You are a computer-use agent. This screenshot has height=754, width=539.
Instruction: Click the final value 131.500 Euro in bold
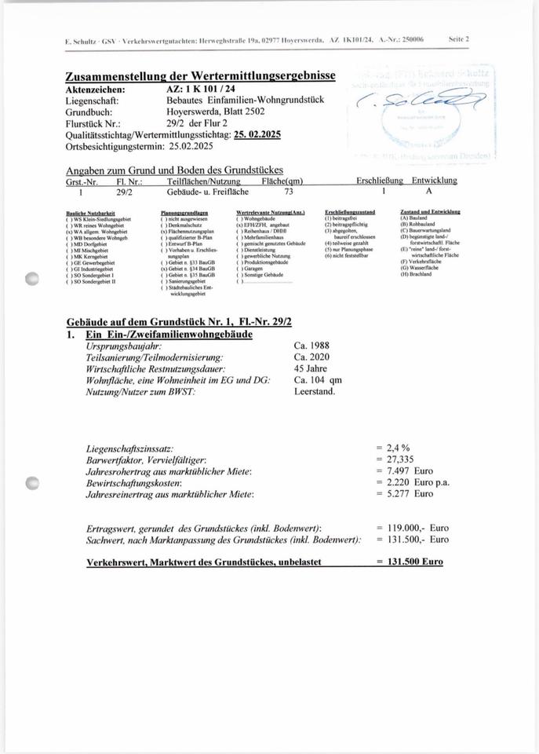coord(410,562)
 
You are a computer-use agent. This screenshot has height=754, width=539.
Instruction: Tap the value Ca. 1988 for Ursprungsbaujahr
coord(312,346)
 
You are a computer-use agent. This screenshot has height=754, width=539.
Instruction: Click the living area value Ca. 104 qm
coord(319,380)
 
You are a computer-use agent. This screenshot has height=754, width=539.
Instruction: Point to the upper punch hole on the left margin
coord(31,277)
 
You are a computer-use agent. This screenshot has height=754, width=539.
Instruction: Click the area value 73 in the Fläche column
coord(289,191)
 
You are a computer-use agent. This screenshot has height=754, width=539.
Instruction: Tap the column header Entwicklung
coord(435,181)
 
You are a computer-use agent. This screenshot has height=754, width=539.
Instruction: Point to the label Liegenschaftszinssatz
coord(129,447)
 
